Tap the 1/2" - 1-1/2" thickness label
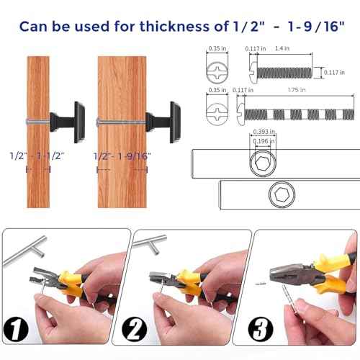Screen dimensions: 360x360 pos(36,156)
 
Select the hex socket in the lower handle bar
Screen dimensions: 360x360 pos(279,194)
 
